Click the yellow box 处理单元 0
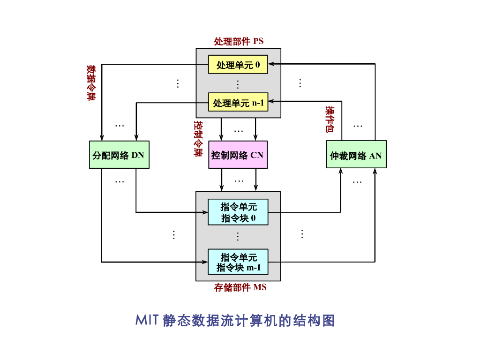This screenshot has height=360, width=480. point(238,65)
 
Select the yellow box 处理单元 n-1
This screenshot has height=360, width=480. point(238,102)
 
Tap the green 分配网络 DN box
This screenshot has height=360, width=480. point(119,155)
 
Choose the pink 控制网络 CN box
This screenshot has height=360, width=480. point(238,155)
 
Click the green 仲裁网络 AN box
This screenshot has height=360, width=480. point(356,155)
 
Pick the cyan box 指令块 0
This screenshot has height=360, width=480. point(238,212)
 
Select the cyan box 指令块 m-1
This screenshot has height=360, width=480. point(238,262)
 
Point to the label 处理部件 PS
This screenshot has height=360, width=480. point(239,41)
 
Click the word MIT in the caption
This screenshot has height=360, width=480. point(147,321)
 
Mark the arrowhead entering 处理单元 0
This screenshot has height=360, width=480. point(271,64)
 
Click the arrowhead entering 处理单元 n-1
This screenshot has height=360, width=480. point(271,101)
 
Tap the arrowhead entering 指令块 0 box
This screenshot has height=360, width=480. point(205,212)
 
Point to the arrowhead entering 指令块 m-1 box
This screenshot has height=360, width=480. point(205,262)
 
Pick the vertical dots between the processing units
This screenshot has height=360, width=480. point(238,84)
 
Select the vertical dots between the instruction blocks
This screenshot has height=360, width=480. point(238,236)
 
